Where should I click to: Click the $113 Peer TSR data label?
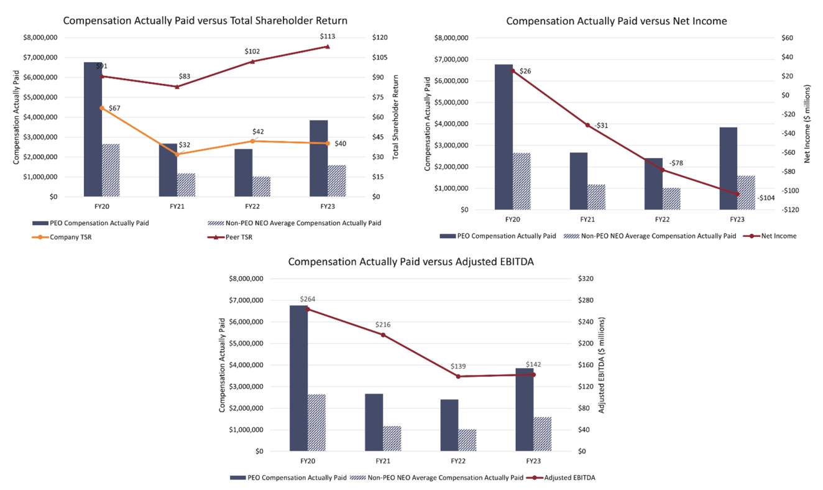(x=328, y=37)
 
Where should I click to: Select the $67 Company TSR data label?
(x=114, y=108)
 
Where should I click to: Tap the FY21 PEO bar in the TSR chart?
(x=168, y=170)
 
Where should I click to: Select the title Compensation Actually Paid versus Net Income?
(x=616, y=21)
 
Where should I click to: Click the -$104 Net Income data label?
(x=765, y=198)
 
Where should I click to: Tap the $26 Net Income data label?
(x=525, y=71)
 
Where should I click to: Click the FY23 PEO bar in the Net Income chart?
(x=729, y=169)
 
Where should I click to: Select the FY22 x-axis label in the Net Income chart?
(x=662, y=220)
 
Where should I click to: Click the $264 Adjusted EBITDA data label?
(x=308, y=299)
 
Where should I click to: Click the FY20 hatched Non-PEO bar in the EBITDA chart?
(x=317, y=423)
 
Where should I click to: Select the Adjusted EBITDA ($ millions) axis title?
(x=601, y=365)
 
